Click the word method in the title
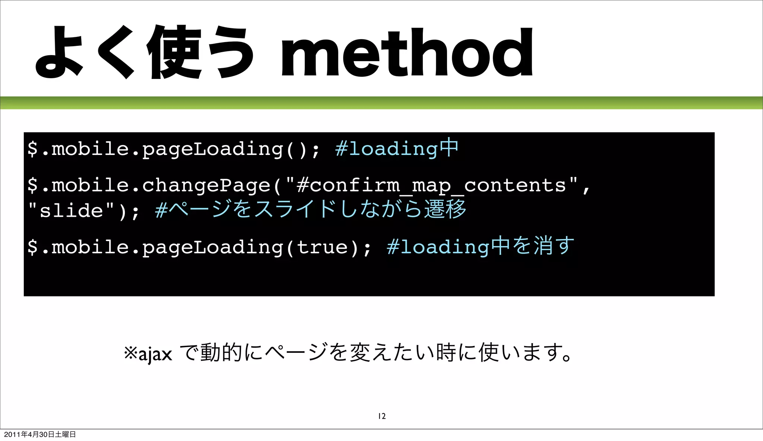point(407,53)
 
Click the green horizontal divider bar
point(381,102)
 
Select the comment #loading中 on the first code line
point(396,148)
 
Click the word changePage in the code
point(206,185)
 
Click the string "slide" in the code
point(71,210)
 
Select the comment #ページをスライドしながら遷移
point(310,209)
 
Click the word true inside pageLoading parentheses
point(322,247)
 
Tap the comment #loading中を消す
point(480,246)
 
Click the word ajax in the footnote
point(155,353)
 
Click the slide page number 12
point(382,416)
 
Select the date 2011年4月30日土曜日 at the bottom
point(40,434)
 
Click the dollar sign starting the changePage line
point(33,185)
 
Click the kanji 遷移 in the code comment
point(445,209)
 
